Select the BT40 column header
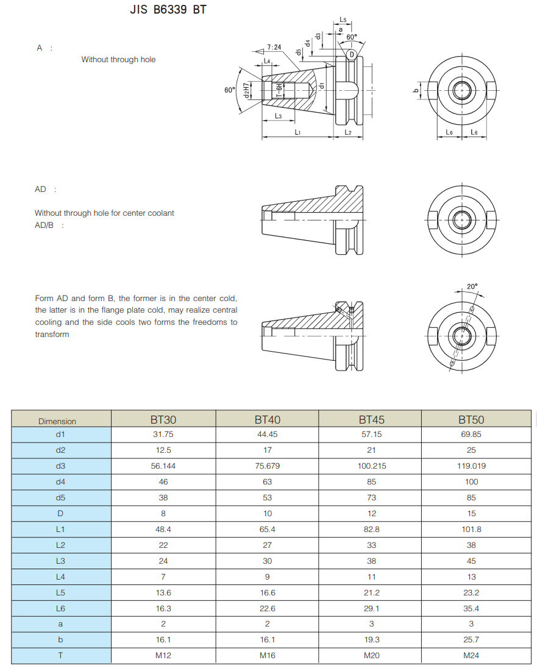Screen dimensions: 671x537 pos(267,419)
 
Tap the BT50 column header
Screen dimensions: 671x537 pos(471,419)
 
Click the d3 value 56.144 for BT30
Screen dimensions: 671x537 pos(163,466)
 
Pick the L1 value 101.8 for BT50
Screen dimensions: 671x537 pos(471,529)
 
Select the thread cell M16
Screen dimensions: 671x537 pos(267,656)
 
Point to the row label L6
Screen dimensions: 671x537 pos(60,608)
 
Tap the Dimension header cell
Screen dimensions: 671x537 pos(57,421)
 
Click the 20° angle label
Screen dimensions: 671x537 pos(472,286)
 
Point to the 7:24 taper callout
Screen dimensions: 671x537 pos(274,47)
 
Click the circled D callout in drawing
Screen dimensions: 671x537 pos(351,55)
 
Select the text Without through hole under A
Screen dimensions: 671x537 pos(118,60)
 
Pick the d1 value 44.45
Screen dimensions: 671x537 pos(267,434)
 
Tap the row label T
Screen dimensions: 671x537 pos(60,656)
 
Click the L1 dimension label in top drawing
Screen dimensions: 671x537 pos(297,132)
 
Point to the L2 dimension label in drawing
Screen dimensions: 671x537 pos(348,132)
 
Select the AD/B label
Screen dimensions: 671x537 pos(45,225)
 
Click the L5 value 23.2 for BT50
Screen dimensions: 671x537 pos(471,592)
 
